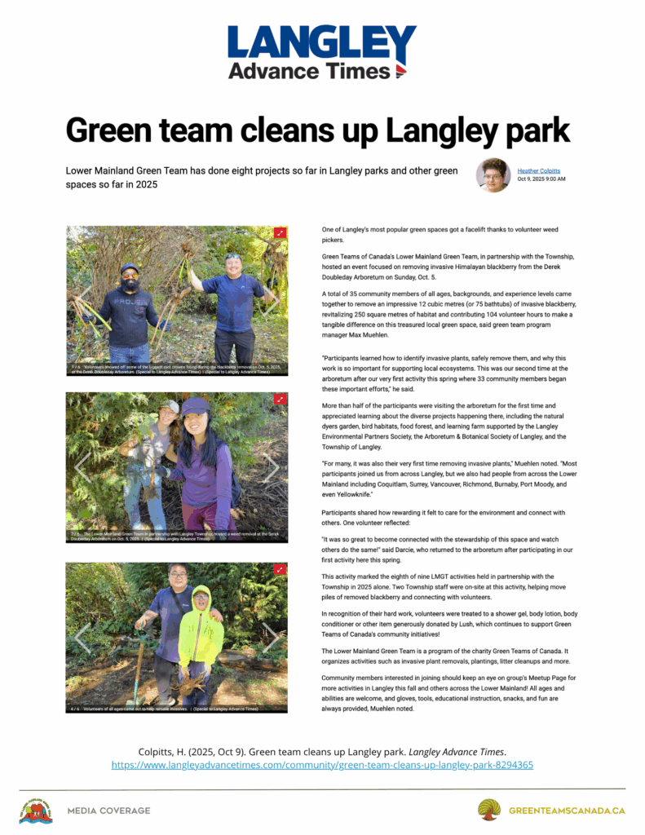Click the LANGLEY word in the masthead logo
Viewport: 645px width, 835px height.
coord(321,43)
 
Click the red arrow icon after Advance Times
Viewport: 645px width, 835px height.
coord(400,72)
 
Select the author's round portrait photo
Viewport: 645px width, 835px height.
coord(493,175)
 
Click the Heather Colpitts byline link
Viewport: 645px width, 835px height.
coord(539,170)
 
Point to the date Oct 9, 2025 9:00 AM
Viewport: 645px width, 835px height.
coord(541,179)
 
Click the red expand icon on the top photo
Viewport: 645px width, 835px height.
coord(281,233)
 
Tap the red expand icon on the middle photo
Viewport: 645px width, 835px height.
coord(281,400)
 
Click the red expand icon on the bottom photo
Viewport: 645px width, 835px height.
coord(281,569)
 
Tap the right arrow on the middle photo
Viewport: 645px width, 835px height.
coord(272,467)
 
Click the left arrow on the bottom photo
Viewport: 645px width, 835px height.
coord(82,637)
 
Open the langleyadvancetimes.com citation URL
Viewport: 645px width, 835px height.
coord(322,765)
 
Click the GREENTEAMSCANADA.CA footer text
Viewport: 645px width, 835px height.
coord(567,811)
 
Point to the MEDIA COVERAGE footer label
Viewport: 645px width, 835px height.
coord(108,811)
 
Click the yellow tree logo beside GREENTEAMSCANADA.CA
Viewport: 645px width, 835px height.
coord(489,810)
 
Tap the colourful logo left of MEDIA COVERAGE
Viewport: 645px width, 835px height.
coord(35,811)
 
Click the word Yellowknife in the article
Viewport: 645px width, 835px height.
coord(349,494)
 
